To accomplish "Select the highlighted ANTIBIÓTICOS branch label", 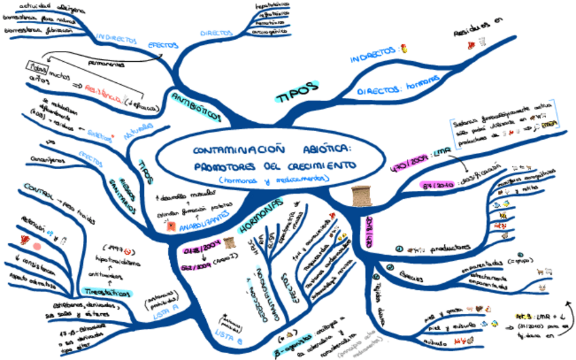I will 195,105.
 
